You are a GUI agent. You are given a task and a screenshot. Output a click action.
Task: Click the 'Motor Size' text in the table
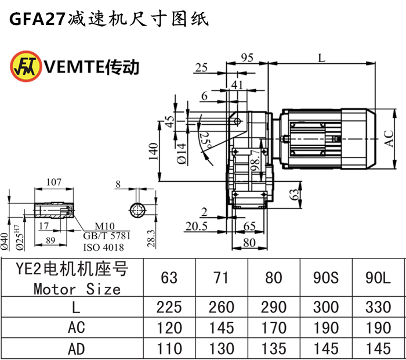coord(76,288)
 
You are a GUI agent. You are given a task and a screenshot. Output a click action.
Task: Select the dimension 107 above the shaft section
coord(53,183)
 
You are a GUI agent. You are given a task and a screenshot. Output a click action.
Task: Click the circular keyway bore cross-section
coord(138,209)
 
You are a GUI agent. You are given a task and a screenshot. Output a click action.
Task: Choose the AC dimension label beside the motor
coord(389,138)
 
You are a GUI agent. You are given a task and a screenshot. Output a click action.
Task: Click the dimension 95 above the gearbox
coord(247,57)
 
